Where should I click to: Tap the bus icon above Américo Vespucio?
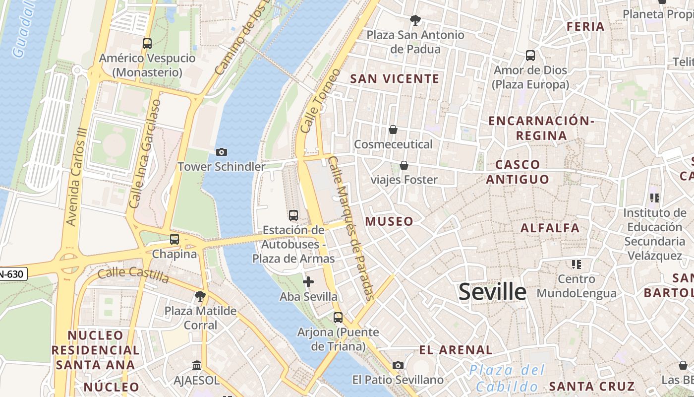click(147, 44)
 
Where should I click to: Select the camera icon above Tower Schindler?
click(222, 152)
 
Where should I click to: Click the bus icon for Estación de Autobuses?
click(293, 215)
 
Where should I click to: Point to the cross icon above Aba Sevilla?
click(308, 282)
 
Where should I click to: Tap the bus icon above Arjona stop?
click(338, 318)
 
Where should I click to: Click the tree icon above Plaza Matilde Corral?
click(200, 297)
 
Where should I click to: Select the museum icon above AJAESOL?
click(197, 366)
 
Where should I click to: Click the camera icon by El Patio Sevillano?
click(398, 366)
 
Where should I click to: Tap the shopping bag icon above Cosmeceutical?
click(393, 130)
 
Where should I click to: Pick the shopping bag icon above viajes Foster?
click(404, 165)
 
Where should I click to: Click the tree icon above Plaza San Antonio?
click(415, 20)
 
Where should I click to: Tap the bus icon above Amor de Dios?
click(530, 56)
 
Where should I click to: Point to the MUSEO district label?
click(389, 222)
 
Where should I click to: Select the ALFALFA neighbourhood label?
click(550, 228)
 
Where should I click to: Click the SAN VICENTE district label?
click(395, 79)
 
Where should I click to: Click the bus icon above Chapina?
click(174, 239)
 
